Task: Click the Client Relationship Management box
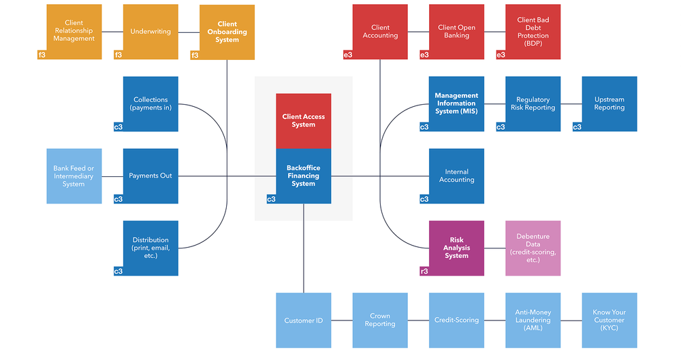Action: pos(74,31)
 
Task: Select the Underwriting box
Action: pos(151,31)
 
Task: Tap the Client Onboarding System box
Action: pos(227,32)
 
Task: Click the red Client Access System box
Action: pos(304,120)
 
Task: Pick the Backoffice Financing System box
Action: pos(304,176)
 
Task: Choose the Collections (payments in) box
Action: pos(151,103)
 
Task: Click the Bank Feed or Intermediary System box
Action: pos(74,176)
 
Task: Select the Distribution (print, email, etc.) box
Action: pos(151,248)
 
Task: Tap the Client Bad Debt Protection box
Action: pos(533,31)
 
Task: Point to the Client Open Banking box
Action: pos(457,31)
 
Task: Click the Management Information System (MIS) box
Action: pos(457,103)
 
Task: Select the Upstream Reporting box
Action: pos(609,103)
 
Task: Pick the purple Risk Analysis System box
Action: pos(457,248)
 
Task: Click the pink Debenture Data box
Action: pos(533,248)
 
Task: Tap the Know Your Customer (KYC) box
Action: pos(609,320)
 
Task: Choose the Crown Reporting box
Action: pos(380,320)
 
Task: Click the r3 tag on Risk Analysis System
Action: pos(424,271)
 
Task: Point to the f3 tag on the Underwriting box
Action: pos(118,54)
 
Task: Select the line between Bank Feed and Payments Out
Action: pos(112,176)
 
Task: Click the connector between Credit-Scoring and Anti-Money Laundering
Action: pos(495,320)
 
